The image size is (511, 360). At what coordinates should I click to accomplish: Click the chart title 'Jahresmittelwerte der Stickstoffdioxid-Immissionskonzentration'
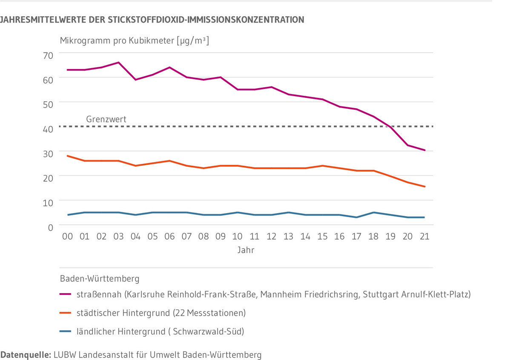[152, 20]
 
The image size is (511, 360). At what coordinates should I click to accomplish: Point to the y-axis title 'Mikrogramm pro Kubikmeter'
[135, 41]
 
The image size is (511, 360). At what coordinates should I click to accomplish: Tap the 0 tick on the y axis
[50, 227]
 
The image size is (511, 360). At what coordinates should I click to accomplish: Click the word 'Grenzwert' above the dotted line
[106, 120]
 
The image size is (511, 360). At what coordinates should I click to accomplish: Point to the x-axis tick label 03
[118, 236]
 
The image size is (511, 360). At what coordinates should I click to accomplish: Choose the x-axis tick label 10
[237, 236]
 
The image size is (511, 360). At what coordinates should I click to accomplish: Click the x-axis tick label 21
[424, 236]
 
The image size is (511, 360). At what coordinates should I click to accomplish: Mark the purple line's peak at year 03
[118, 63]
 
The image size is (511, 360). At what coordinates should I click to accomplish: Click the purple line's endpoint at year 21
[425, 150]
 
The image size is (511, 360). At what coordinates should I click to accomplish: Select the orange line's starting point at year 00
[68, 156]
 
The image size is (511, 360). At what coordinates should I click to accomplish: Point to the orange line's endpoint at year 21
[425, 186]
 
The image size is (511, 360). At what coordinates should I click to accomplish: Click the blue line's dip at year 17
[356, 217]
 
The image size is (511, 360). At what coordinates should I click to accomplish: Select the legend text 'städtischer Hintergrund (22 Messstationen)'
[161, 313]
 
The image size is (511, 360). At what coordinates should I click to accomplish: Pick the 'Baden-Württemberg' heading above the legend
[100, 279]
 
